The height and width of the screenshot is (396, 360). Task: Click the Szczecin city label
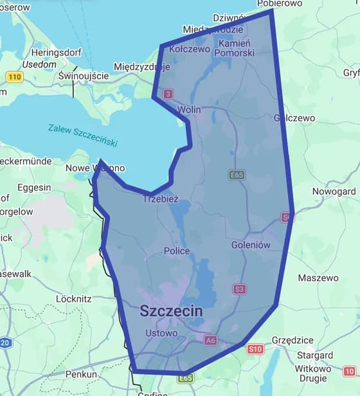pyautogui.click(x=171, y=311)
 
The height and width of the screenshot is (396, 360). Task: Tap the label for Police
pyautogui.click(x=177, y=251)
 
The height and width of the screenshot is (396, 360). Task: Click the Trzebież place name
pyautogui.click(x=160, y=200)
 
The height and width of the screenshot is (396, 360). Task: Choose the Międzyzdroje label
pyautogui.click(x=141, y=66)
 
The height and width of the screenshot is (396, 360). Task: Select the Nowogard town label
pyautogui.click(x=334, y=192)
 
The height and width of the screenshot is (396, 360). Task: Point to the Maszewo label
pyautogui.click(x=318, y=278)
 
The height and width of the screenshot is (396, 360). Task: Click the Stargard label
pyautogui.click(x=314, y=355)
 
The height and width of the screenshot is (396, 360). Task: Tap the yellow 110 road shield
pyautogui.click(x=15, y=77)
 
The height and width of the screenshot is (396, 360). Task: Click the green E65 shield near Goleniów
pyautogui.click(x=237, y=174)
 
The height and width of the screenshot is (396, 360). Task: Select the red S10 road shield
pyautogui.click(x=255, y=349)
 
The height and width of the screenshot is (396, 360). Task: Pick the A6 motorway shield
pyautogui.click(x=210, y=339)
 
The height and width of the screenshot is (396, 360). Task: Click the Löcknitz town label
pyautogui.click(x=74, y=299)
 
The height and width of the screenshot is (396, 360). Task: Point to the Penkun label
pyautogui.click(x=81, y=373)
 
